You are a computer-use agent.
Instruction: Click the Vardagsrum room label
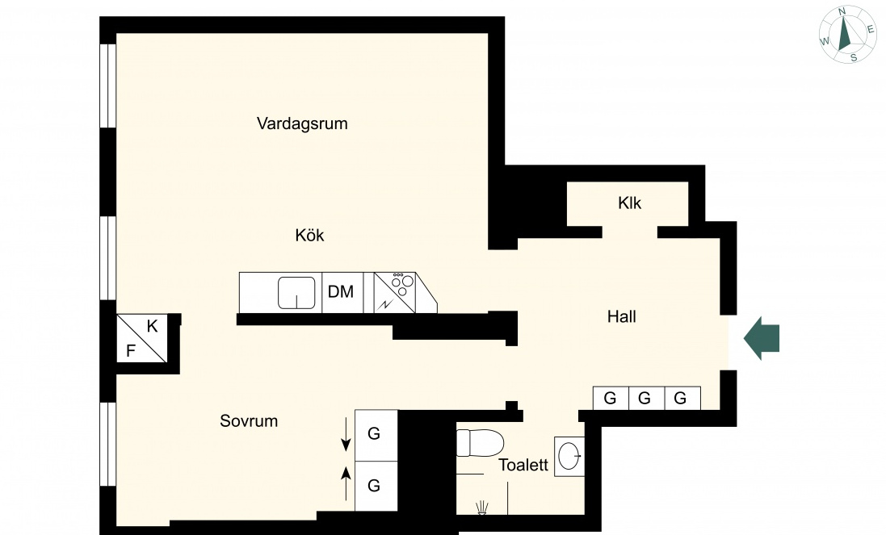[x=302, y=123]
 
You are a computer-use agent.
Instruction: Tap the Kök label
[x=309, y=235]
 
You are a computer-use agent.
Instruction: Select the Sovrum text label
[x=249, y=421]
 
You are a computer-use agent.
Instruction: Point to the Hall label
[x=622, y=316]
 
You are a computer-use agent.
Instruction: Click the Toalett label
[x=523, y=465]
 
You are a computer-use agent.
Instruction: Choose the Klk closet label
[x=629, y=203]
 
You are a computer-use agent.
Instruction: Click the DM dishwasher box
[x=342, y=292]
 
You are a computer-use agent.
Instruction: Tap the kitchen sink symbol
[x=296, y=293]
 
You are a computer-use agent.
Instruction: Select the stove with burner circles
[x=395, y=292]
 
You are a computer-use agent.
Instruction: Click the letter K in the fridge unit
[x=152, y=326]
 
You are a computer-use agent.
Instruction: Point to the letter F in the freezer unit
[x=131, y=351]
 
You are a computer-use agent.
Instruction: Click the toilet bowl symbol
[x=480, y=443]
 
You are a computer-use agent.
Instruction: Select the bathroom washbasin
[x=569, y=456]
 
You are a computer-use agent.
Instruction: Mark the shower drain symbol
[x=482, y=508]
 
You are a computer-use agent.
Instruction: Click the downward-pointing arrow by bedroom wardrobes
[x=345, y=435]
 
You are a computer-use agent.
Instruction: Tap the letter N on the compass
[x=842, y=11]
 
